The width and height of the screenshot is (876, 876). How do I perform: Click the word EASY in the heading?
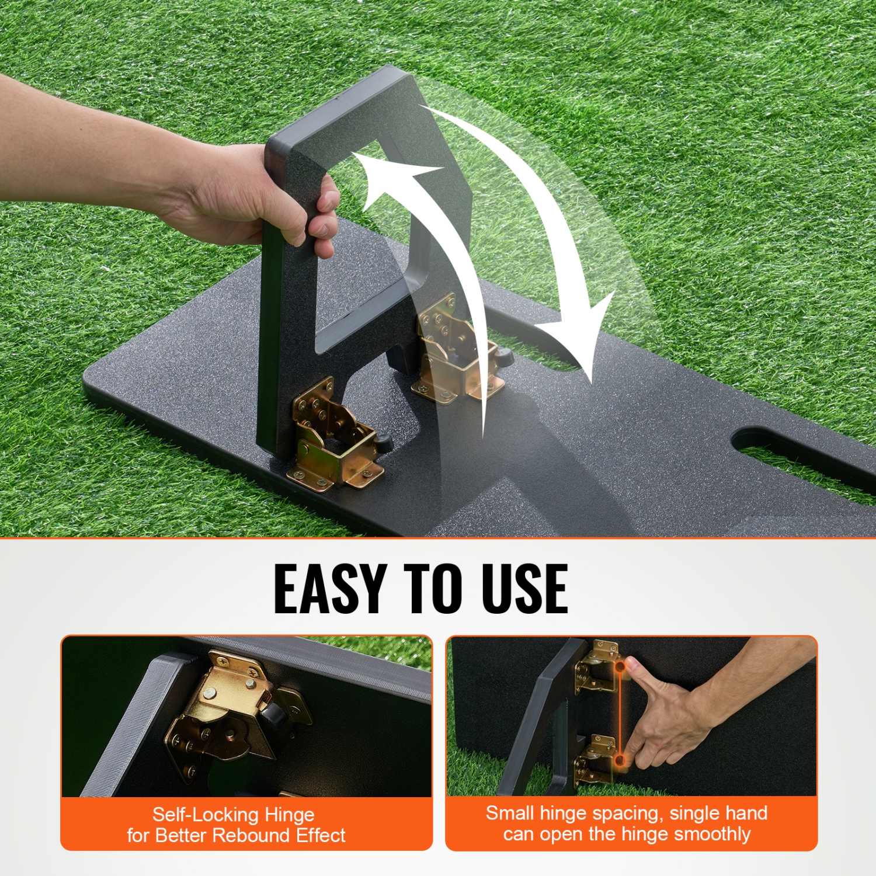(x=329, y=588)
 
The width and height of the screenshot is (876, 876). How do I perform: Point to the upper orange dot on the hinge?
(x=620, y=665)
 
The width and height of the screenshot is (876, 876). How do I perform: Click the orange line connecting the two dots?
(x=620, y=712)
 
